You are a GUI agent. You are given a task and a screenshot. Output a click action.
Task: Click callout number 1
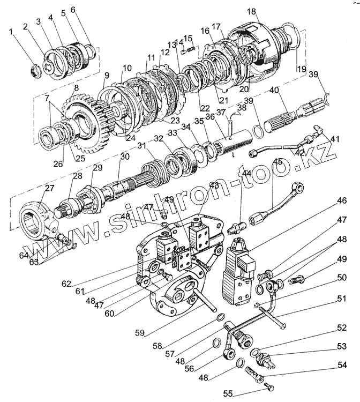pyautogui.click(x=11, y=32)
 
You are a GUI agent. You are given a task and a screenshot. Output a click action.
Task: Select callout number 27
pyautogui.click(x=49, y=188)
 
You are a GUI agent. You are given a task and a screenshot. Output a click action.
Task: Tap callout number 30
pyautogui.click(x=125, y=157)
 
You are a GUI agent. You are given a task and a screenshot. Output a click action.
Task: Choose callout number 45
pyautogui.click(x=277, y=161)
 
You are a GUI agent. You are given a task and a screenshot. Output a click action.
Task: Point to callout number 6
pyautogui.click(x=73, y=10)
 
